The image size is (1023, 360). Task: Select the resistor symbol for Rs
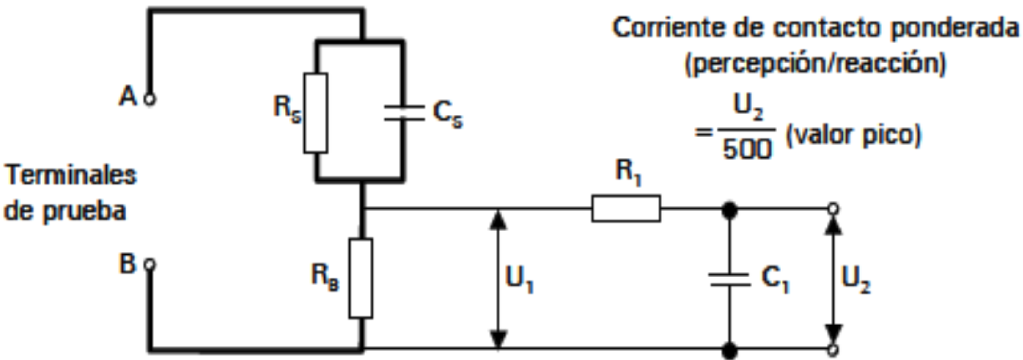[316, 113]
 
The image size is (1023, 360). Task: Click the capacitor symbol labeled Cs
[404, 113]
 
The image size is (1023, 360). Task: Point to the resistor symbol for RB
[361, 278]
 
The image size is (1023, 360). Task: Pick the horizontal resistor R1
[626, 208]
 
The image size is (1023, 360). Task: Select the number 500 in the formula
[747, 150]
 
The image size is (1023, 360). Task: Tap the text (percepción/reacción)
[815, 64]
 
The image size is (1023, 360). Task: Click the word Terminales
[70, 176]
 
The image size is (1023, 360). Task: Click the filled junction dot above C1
[729, 209]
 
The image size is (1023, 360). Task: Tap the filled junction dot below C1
[729, 351]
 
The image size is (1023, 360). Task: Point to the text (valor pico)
[853, 136]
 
